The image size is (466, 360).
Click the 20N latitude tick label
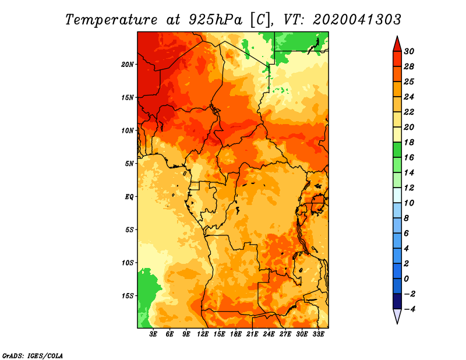[x=128, y=64]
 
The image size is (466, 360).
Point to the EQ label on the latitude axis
[x=129, y=197]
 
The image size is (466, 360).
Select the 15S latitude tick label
[x=128, y=296]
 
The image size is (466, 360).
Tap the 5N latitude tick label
[x=129, y=164]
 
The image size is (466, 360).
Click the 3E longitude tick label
[x=153, y=334]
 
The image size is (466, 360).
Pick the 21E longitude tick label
[x=252, y=334]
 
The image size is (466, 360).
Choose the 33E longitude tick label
[x=318, y=334]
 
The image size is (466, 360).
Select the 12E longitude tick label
[x=202, y=334]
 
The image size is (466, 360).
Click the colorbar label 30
[x=409, y=51]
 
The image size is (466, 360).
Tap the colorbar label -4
[x=410, y=309]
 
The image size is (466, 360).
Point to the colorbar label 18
[x=409, y=142]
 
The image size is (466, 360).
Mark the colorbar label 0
[x=406, y=279]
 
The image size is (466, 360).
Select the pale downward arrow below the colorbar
[x=397, y=316]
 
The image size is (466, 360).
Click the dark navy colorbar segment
[x=397, y=301]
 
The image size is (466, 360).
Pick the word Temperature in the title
[x=111, y=20]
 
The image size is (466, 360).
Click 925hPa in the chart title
[x=216, y=20]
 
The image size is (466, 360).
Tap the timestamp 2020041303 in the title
[x=357, y=20]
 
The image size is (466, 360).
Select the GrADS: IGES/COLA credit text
[x=33, y=355]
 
